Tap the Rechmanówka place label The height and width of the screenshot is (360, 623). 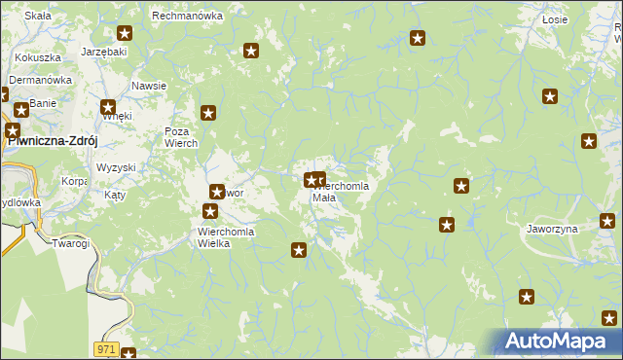click(x=188, y=16)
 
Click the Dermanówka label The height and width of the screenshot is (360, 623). click(x=42, y=80)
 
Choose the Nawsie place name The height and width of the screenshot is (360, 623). click(x=149, y=86)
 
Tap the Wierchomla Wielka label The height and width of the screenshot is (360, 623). click(x=226, y=237)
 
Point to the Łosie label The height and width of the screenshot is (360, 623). click(x=555, y=19)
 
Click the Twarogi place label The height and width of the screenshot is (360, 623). click(x=70, y=243)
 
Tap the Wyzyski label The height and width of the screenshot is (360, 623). click(x=116, y=167)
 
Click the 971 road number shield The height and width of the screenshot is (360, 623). click(x=106, y=348)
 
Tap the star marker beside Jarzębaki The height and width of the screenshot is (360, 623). click(x=124, y=33)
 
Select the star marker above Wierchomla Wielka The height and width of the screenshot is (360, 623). click(x=210, y=210)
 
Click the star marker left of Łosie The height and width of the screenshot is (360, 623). click(x=418, y=39)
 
